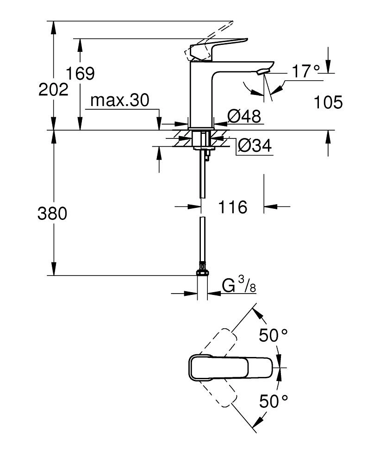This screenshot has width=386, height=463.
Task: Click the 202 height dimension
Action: pos(53,89)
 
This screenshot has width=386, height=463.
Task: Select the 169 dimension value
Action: pos(80,74)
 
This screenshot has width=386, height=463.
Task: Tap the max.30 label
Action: pos(120,100)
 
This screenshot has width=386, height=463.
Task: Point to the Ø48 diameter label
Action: pos(244,116)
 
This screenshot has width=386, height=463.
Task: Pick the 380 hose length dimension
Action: pos(52,213)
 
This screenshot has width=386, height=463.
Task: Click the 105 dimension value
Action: pos(328,102)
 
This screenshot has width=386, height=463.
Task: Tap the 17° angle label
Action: pos(306,71)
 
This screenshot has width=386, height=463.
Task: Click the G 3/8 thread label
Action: pos(239,285)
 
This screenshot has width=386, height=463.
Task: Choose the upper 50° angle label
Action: pos(273,335)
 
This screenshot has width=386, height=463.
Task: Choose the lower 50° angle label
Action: pos(273,401)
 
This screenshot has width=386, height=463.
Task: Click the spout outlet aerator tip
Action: pos(262,71)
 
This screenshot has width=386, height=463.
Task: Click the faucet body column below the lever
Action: pos(201,97)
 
